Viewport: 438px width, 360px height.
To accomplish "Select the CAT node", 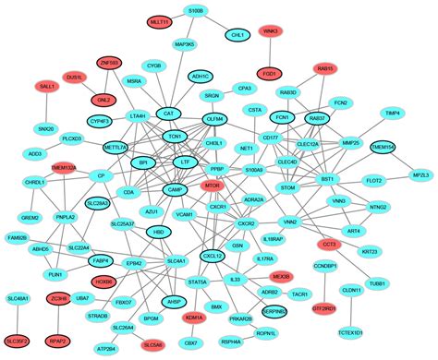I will [x=167, y=114].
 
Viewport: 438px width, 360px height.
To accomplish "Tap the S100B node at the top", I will [x=196, y=10].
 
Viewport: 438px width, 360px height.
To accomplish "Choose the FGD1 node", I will [x=271, y=71].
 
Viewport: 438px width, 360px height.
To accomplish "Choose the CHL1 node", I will [x=237, y=34].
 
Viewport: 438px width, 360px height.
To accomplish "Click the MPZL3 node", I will [x=420, y=174].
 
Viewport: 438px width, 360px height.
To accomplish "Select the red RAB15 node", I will [x=324, y=68].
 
